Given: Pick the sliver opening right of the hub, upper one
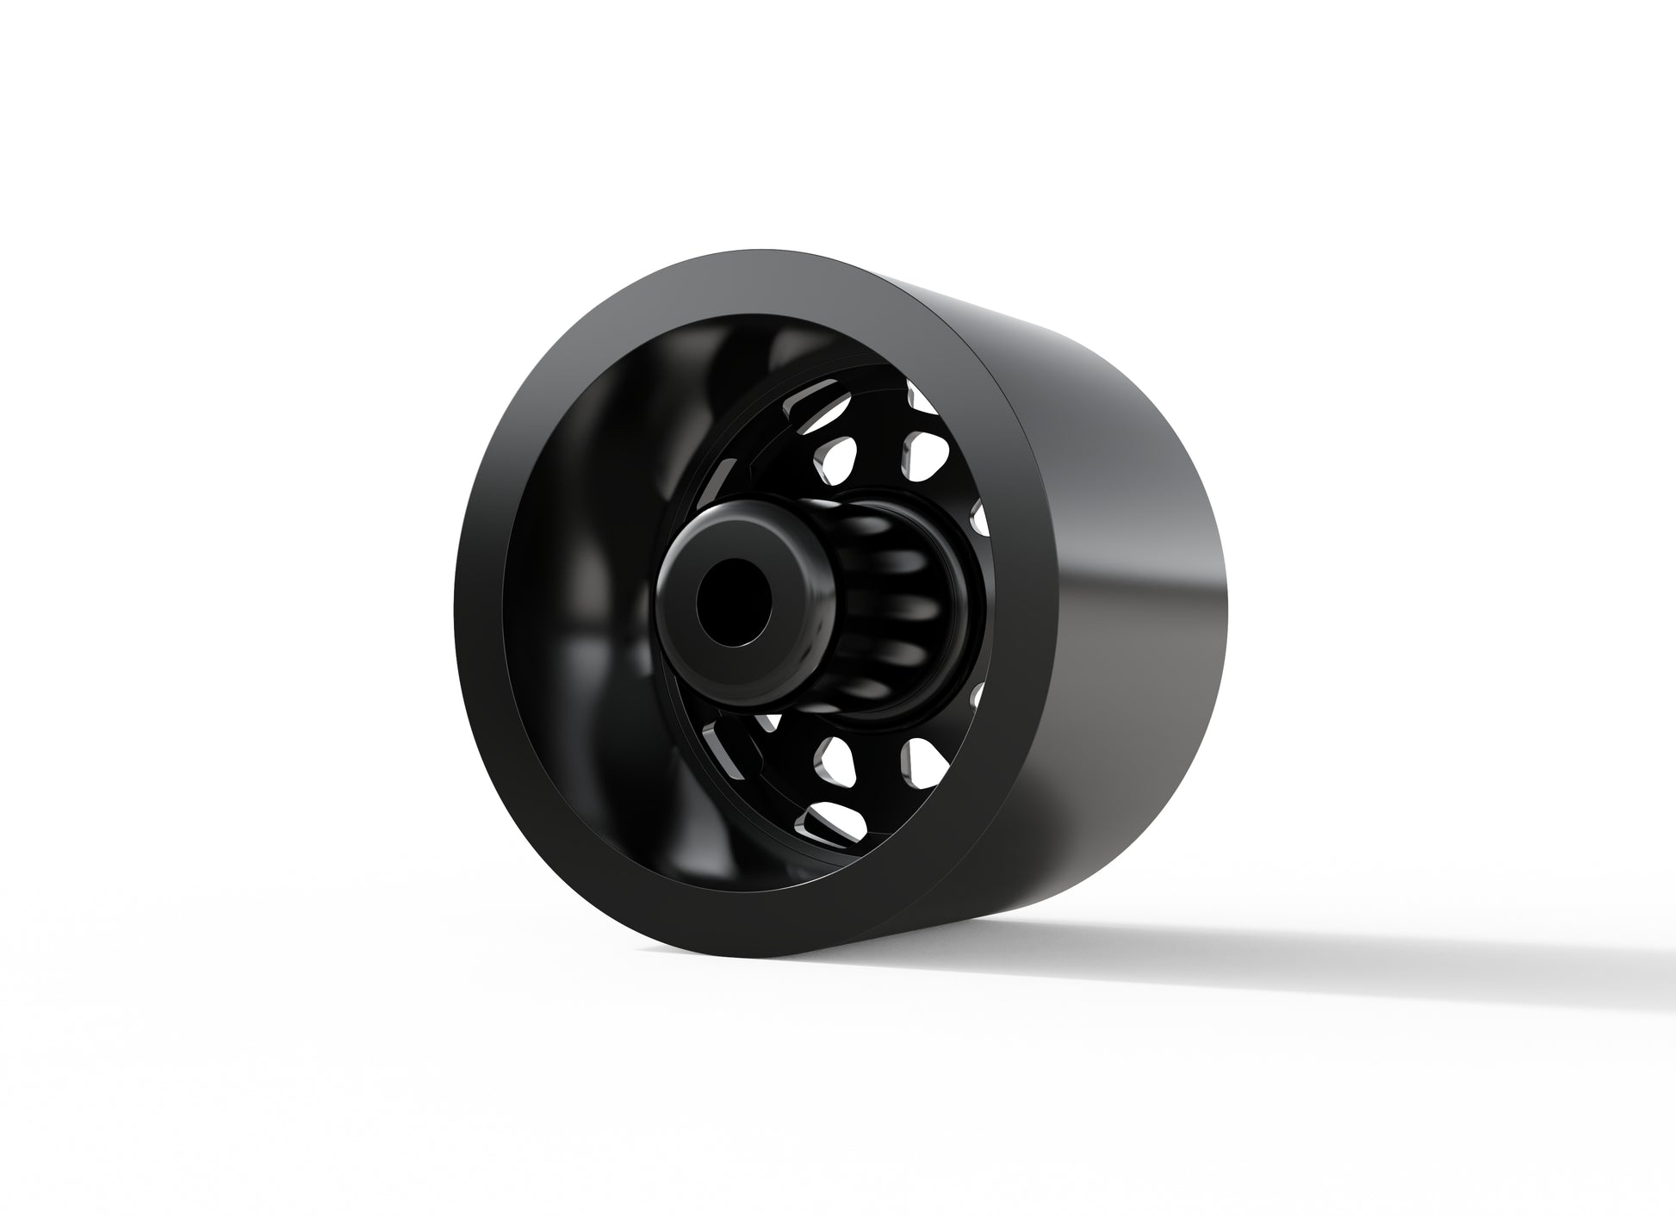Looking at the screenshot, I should tap(979, 516).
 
